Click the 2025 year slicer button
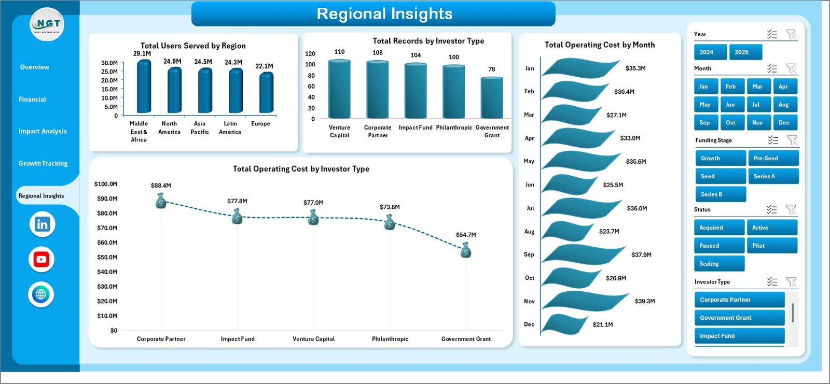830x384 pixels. [745, 52]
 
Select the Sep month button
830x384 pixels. [706, 123]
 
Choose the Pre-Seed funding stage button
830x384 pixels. [772, 159]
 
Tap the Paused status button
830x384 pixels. [718, 246]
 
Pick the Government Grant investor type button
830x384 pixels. [739, 318]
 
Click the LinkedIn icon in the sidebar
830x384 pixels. [42, 224]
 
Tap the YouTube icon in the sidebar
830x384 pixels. [41, 260]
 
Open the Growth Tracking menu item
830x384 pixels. [43, 163]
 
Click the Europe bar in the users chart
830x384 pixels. [266, 93]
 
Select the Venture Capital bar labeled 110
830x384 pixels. [339, 89]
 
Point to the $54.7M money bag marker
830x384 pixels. [466, 251]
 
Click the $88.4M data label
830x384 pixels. [161, 186]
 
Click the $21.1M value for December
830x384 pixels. [603, 325]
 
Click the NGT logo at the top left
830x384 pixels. [47, 24]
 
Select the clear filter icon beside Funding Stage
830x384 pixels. [792, 140]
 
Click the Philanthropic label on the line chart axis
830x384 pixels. [390, 339]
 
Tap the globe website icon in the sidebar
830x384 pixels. [41, 295]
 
